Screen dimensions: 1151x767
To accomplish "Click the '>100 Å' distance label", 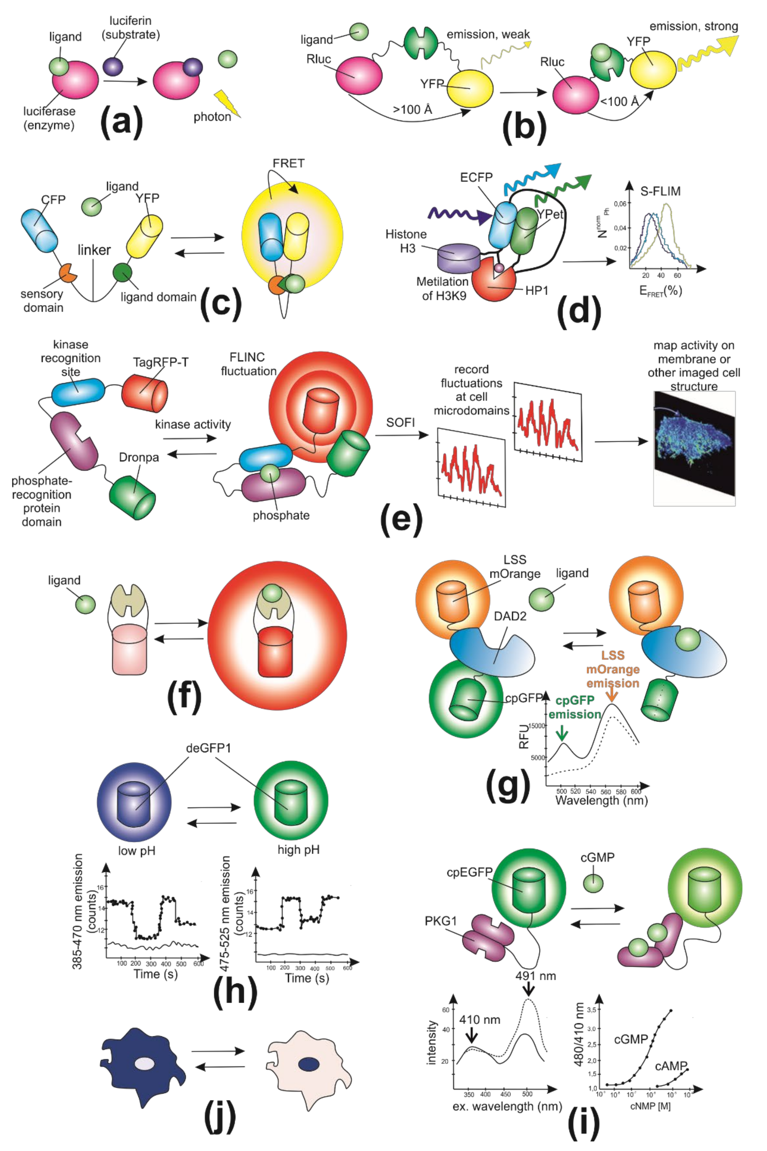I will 412,109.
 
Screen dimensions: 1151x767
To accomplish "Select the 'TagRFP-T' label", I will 161,362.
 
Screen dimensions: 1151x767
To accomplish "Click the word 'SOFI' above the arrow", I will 400,422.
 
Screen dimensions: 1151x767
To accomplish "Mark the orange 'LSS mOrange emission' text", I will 612,669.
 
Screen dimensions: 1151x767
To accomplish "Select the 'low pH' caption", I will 137,850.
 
